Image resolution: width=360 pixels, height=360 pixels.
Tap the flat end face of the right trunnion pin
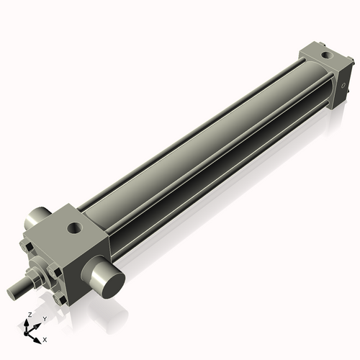point(107,279)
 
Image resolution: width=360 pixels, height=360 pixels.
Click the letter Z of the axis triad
point(28,315)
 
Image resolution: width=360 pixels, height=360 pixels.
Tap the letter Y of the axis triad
point(44,318)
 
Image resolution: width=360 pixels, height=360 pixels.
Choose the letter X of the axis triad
point(45,338)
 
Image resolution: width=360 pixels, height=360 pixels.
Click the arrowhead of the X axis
point(38,337)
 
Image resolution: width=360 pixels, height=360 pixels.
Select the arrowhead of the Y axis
point(38,325)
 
